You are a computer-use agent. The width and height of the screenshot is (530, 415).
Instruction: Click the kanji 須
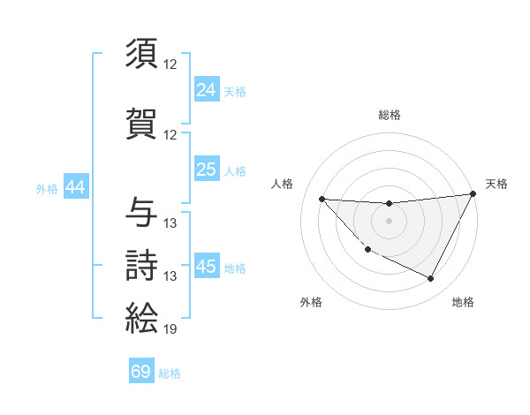tap(142, 54)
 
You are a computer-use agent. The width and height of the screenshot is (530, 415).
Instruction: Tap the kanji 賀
tap(142, 123)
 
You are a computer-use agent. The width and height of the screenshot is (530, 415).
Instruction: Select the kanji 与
tap(142, 211)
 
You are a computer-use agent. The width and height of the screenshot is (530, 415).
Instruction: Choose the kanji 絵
tap(142, 317)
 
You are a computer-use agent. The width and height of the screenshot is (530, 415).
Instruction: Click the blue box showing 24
tap(207, 89)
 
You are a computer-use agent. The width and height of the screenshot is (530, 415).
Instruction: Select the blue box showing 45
tap(207, 266)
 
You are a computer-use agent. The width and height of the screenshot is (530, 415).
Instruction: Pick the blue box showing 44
tap(75, 187)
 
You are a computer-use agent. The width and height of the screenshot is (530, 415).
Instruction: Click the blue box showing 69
tap(141, 372)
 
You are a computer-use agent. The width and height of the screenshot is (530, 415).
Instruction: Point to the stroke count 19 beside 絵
tap(170, 330)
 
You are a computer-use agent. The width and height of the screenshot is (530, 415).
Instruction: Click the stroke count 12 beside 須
tap(170, 65)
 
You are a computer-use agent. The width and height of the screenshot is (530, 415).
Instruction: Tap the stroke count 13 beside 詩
tap(170, 276)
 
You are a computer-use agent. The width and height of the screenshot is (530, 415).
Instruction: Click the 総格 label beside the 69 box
tap(170, 373)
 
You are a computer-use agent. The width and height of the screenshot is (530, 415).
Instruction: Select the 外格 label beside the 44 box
tap(47, 189)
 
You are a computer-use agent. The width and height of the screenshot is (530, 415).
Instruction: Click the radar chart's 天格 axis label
tap(496, 184)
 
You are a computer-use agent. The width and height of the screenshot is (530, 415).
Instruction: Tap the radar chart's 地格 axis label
tap(463, 302)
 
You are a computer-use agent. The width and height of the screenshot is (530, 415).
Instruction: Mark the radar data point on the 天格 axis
tap(473, 194)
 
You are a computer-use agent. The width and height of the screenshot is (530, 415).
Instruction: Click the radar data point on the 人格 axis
tap(322, 199)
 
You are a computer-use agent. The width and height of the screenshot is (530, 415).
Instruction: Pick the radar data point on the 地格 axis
tap(431, 279)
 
